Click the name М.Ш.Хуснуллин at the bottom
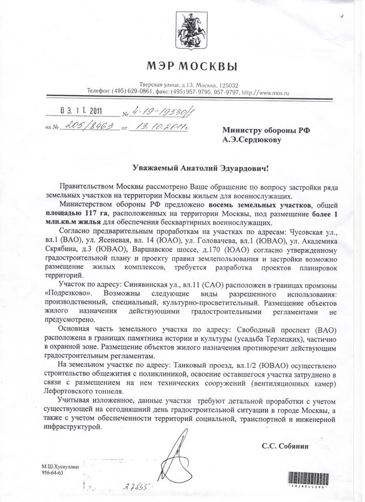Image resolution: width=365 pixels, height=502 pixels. coord(62,467)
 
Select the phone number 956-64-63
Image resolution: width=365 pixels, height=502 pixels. coord(52,474)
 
